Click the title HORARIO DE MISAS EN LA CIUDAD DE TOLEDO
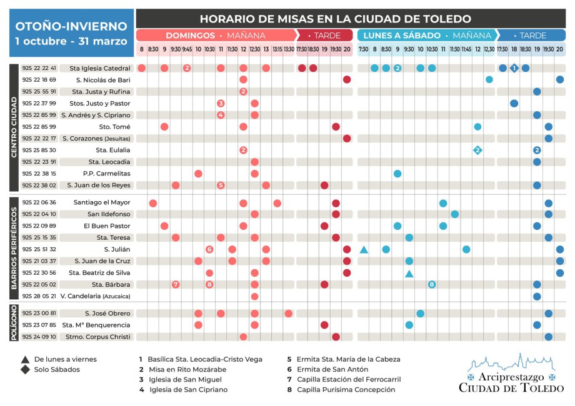click(336, 19)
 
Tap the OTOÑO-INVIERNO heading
click(71, 27)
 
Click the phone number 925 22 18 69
click(39, 80)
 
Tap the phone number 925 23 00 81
click(39, 314)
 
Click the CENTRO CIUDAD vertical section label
click(14, 127)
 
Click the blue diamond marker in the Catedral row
click(514, 68)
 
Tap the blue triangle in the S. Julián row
click(364, 250)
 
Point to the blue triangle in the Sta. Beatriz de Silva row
click(409, 274)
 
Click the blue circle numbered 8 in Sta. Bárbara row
click(432, 285)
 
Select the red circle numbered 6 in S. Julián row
click(209, 249)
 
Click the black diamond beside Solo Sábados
click(25, 369)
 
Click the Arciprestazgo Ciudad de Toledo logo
click(511, 374)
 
